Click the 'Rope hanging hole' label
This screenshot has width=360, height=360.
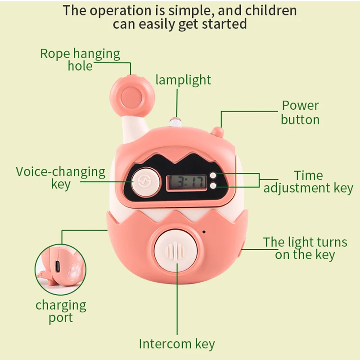(x=80, y=60)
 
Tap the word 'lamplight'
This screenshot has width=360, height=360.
(x=183, y=80)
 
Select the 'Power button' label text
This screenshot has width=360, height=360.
(x=300, y=112)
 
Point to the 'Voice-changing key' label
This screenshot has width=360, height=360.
(x=61, y=178)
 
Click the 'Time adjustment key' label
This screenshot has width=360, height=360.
(x=308, y=182)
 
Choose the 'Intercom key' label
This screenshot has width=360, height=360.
(x=177, y=344)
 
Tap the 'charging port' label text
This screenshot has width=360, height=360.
(x=61, y=311)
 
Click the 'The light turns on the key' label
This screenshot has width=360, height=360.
(x=305, y=248)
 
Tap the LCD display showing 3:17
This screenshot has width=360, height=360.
(x=186, y=182)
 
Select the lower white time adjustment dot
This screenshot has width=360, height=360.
(x=213, y=185)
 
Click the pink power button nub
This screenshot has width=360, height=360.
(x=218, y=131)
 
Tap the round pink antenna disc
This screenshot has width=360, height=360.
(x=131, y=95)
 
